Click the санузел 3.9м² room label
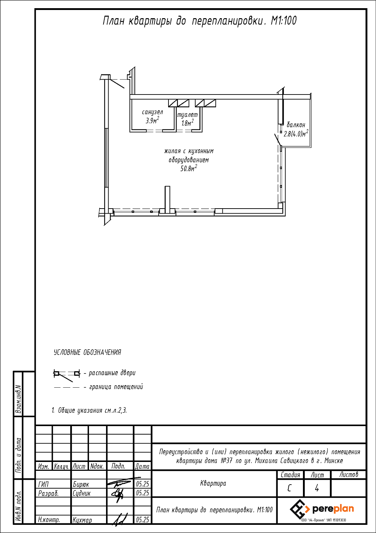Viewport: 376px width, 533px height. [152, 116]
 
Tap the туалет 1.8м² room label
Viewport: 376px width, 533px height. [187, 119]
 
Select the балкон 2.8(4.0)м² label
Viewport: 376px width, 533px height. [296, 129]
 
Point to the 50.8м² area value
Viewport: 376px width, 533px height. [189, 169]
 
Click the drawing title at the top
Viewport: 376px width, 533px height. [199, 21]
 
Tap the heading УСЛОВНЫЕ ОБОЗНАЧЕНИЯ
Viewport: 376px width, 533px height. [87, 352]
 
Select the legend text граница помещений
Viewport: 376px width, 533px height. [116, 387]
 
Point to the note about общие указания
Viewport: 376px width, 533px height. [89, 410]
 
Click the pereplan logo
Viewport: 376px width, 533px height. [322, 509]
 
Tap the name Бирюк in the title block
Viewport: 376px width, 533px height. [81, 484]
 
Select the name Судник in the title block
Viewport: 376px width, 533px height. [82, 493]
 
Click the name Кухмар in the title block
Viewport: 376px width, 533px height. [82, 520]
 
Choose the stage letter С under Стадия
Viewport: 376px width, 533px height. [289, 488]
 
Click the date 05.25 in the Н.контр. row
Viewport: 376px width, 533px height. [143, 520]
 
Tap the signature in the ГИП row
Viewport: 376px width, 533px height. [120, 483]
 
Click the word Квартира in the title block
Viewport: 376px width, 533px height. [213, 483]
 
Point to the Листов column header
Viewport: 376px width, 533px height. [348, 475]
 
